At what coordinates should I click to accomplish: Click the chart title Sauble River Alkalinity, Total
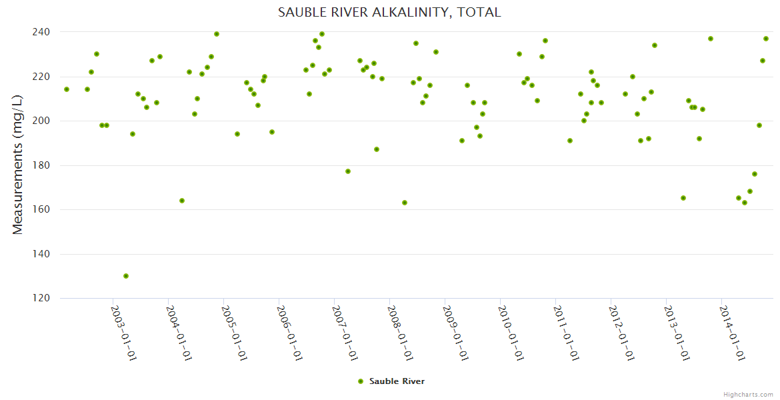point(389,13)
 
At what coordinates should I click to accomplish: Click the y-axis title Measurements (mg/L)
point(18,165)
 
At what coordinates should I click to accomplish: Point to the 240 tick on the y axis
point(42,32)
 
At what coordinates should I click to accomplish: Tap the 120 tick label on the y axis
point(42,298)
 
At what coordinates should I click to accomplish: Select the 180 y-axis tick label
point(42,165)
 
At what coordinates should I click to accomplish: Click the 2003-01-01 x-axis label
point(123,333)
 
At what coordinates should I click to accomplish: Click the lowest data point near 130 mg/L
point(126,276)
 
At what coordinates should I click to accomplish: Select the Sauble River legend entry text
point(397,381)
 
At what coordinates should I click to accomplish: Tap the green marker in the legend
point(361,381)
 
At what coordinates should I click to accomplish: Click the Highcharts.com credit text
point(748,394)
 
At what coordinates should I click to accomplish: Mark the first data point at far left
point(67,89)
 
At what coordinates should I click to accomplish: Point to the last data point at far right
point(766,39)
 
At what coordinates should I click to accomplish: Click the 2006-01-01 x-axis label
point(290,333)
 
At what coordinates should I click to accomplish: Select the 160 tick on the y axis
point(42,209)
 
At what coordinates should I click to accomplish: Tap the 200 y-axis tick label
point(42,121)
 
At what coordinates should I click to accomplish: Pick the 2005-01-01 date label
point(235,333)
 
